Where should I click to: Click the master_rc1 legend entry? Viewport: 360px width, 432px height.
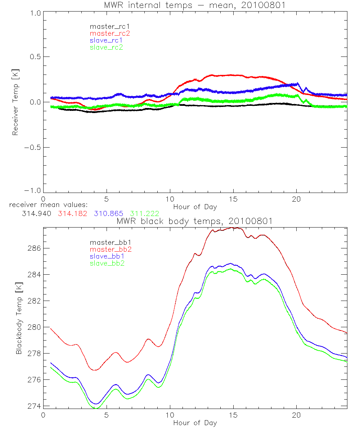coord(106,26)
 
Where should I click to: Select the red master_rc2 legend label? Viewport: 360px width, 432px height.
coord(106,33)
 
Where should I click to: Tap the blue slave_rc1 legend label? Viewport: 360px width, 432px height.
coord(106,40)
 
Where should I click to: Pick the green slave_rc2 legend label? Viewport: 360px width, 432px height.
coord(106,47)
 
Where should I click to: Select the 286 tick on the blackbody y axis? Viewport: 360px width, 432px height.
coord(33,248)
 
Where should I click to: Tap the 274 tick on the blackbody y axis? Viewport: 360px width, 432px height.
coord(33,406)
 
